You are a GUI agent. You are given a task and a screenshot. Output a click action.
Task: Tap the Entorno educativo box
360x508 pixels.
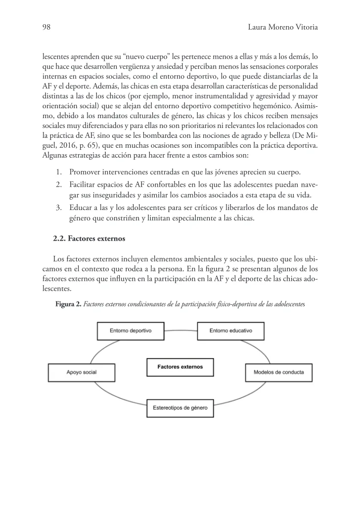[231, 330]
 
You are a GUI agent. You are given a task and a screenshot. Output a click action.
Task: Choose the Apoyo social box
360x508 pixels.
[82, 372]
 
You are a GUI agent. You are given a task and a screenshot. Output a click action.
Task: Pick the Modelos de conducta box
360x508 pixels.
[278, 372]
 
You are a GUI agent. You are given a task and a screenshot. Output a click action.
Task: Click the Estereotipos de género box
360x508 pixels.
[180, 408]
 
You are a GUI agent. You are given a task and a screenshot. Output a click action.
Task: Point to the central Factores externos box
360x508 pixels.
[180, 367]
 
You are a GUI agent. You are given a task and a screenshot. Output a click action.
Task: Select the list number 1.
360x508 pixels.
[58, 172]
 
